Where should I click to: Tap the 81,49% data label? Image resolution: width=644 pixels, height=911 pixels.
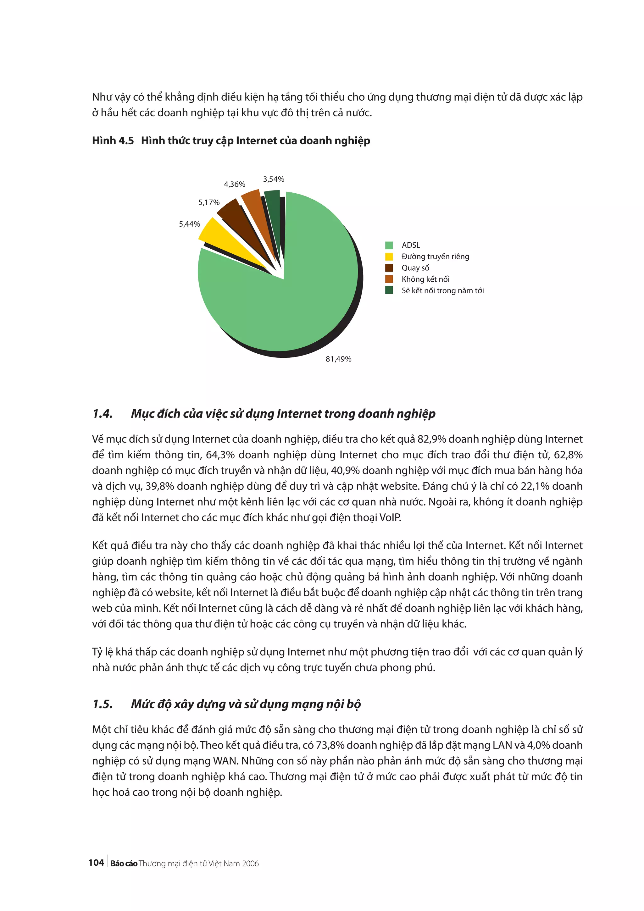338,359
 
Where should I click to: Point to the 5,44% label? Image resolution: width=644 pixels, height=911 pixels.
189,224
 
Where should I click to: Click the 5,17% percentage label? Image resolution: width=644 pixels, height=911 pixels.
209,202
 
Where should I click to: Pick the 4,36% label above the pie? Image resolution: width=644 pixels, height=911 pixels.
235,184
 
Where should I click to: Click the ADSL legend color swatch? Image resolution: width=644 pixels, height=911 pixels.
389,245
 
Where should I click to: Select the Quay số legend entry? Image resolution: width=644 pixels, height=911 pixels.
415,268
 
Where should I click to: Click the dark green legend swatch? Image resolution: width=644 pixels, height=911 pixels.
389,290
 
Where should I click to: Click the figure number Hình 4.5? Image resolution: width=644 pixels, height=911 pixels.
113,141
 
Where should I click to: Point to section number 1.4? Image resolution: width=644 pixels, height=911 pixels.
103,414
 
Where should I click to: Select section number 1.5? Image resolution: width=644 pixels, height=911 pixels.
103,704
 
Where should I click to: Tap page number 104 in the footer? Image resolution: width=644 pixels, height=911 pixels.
96,863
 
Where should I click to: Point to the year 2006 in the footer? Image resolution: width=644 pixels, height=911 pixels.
250,864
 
